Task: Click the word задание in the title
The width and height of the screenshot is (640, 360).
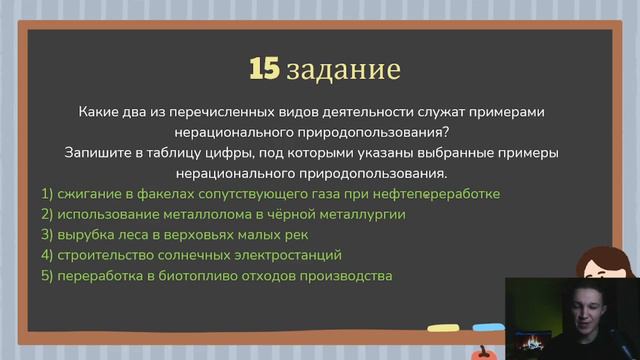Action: tap(343, 71)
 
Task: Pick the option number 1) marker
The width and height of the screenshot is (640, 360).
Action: tap(47, 193)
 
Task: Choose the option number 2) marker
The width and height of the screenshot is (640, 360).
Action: tap(47, 214)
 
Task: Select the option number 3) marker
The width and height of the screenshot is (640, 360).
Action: tap(47, 235)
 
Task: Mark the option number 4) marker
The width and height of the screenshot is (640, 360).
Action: tap(47, 255)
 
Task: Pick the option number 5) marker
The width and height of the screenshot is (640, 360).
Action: tap(47, 276)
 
